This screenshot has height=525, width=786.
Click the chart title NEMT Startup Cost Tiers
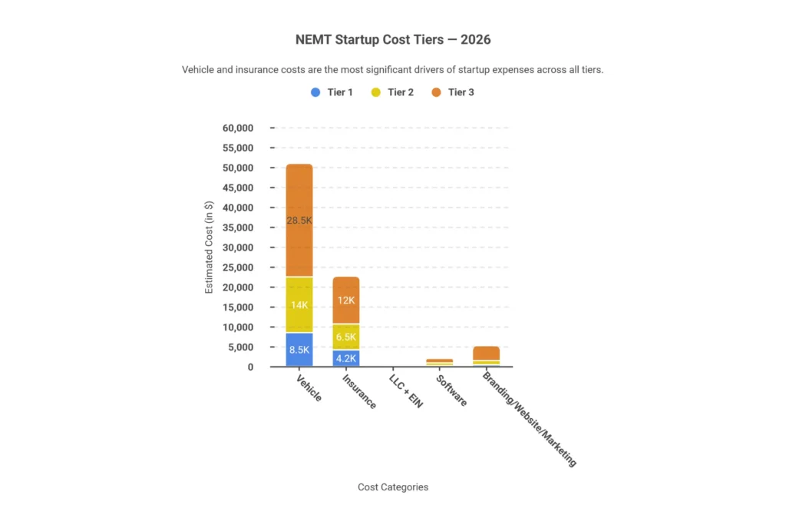coord(392,39)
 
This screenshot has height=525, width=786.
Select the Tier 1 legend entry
coord(331,92)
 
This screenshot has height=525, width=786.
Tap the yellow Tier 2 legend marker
coord(376,92)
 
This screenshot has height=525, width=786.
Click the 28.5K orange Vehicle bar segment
coord(299,220)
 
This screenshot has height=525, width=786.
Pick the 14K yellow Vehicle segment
coord(299,305)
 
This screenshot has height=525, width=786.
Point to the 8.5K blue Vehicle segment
coord(299,350)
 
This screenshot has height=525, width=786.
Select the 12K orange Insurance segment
coord(346,300)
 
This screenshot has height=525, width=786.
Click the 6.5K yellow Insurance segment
coord(346,337)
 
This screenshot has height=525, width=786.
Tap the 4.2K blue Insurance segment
coord(346,357)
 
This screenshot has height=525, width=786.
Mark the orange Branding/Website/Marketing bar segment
coord(486,352)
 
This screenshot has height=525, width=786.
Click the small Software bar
coord(439,361)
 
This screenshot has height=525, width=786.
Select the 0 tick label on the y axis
coord(250,367)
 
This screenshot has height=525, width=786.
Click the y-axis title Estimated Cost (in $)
coord(209,248)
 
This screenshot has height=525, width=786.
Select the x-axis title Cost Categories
coord(392,487)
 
